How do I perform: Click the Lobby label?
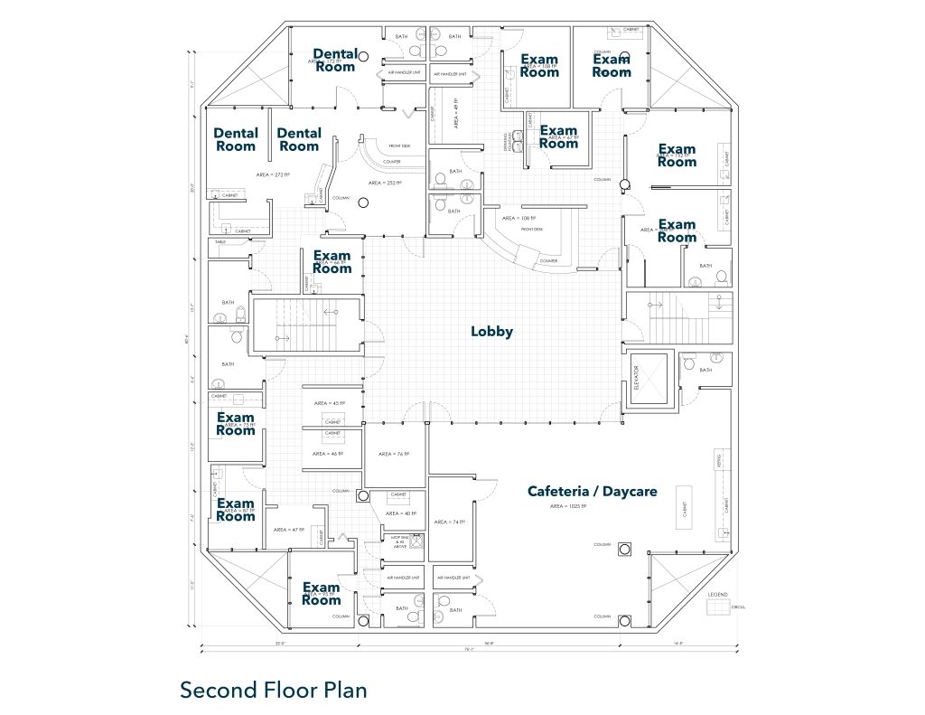click(491, 332)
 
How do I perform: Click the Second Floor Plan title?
click(274, 690)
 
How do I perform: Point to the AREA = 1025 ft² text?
click(568, 506)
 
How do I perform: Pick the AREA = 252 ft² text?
click(385, 183)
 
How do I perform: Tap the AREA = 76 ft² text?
click(394, 454)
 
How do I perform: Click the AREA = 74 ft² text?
click(450, 522)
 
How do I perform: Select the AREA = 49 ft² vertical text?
click(456, 112)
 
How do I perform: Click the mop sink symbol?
click(416, 541)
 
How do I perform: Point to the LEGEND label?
click(718, 594)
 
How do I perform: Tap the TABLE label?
click(220, 243)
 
